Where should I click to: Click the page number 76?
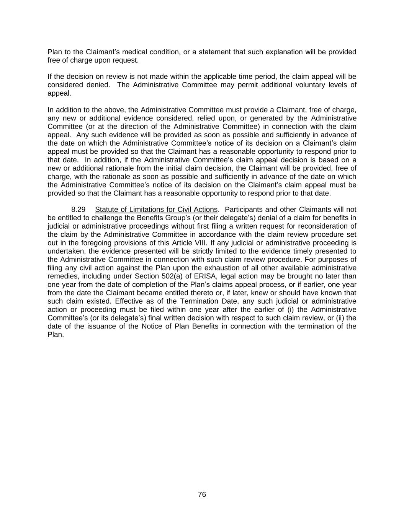click(202, 494)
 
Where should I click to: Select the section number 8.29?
click(78, 210)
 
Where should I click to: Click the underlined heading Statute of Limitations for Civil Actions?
click(156, 210)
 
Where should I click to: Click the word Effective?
click(130, 301)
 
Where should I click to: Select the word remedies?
click(62, 276)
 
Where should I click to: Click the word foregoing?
click(96, 243)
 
